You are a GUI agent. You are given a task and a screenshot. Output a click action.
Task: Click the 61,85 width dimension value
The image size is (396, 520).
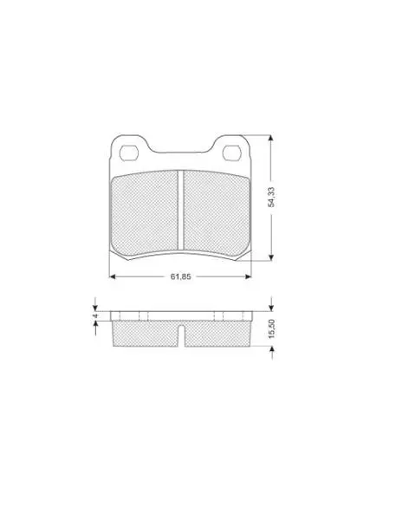tap(180, 276)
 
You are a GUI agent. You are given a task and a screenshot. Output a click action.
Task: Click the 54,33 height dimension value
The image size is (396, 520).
tap(271, 197)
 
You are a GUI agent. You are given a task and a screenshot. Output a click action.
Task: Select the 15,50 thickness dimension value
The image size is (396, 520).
tap(271, 328)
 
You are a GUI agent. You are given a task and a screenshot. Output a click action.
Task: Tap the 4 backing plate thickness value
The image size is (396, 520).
tap(95, 315)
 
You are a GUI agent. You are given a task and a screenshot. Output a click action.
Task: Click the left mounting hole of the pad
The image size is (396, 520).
tap(128, 153)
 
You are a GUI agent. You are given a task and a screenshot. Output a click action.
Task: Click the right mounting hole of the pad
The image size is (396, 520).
tap(232, 153)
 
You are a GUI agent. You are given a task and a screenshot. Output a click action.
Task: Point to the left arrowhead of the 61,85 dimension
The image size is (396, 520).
tap(112, 276)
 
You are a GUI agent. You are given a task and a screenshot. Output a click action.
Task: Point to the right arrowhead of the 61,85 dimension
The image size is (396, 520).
tap(248, 276)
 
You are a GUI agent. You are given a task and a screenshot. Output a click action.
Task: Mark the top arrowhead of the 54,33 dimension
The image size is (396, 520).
tap(271, 138)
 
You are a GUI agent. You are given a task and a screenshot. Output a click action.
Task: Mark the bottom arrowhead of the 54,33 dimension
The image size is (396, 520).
tap(271, 257)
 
